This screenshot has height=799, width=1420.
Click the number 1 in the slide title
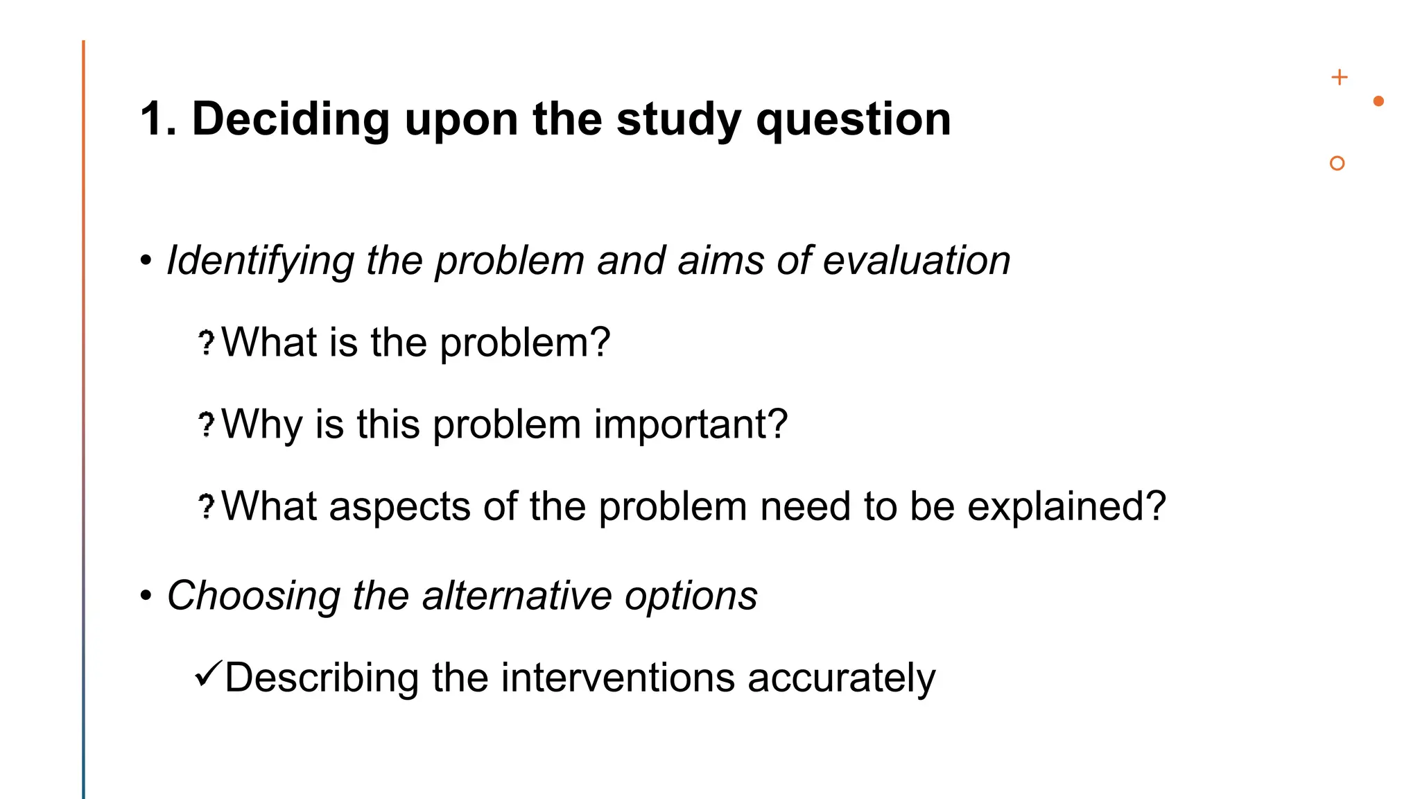tap(153, 119)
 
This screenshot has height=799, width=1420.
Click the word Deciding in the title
tap(291, 119)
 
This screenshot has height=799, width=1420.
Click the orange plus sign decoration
tap(1340, 77)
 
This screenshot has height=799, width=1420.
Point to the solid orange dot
tap(1378, 101)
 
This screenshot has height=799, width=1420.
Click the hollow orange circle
tap(1337, 163)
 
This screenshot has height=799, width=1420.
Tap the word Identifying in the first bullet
tap(261, 261)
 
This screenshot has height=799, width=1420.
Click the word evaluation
tap(916, 261)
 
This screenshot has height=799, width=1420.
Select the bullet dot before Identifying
tap(146, 261)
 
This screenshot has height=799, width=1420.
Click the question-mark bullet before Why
tap(206, 424)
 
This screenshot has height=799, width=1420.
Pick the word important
tap(691, 424)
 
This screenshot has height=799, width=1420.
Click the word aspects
tap(399, 506)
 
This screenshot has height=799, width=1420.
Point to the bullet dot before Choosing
tap(146, 596)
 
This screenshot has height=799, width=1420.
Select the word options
tap(691, 596)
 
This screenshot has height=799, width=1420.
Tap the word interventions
tap(617, 678)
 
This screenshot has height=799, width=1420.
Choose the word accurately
tap(841, 678)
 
